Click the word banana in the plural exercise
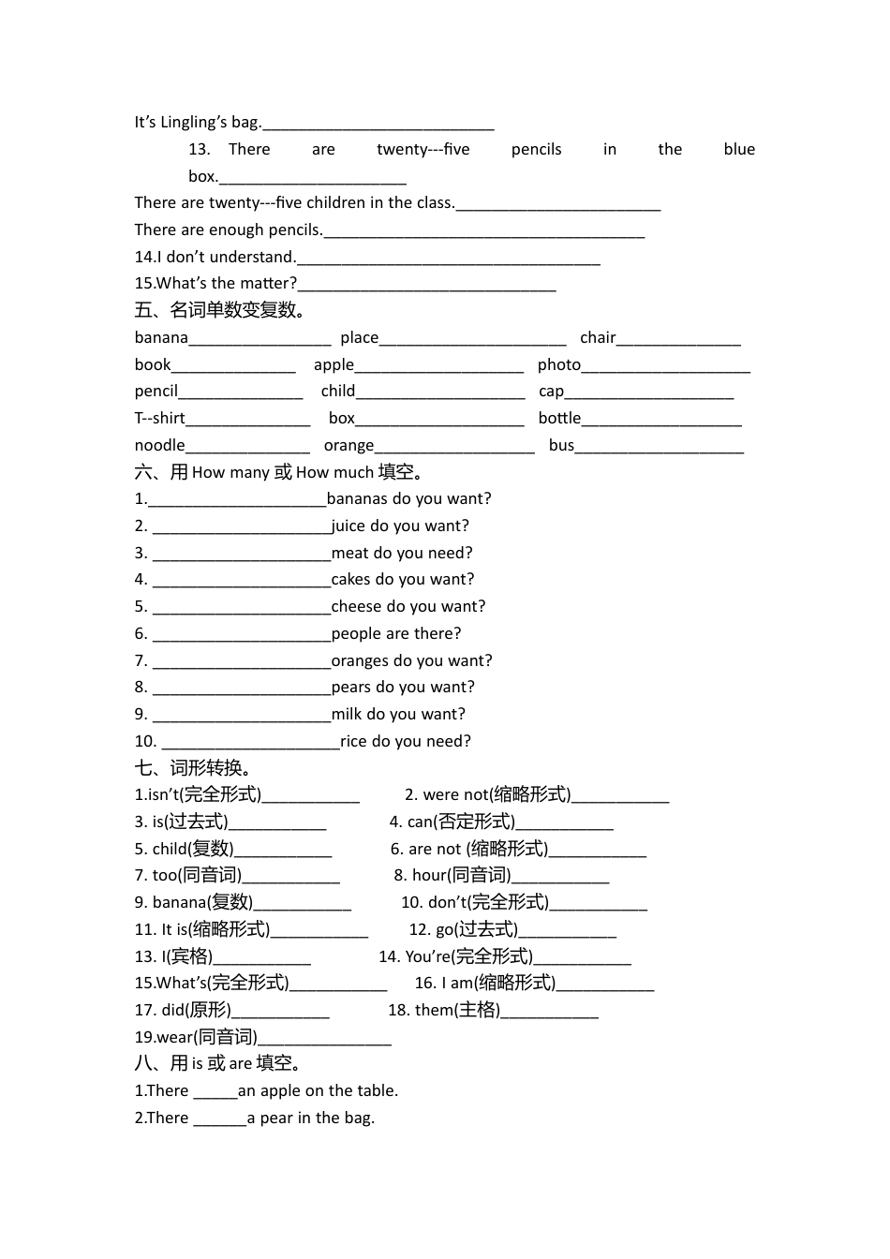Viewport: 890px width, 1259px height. coord(161,337)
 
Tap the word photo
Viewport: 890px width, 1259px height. coord(559,364)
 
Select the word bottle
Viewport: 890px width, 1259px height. coord(559,418)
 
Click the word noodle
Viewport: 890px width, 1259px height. coord(159,445)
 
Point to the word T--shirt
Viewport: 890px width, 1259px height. coord(159,418)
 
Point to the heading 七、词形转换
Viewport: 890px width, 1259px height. coord(194,768)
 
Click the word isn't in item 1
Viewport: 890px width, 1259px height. coord(163,794)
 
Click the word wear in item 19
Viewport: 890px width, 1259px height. coord(174,1037)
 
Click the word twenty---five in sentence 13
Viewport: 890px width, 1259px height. coord(423,149)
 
